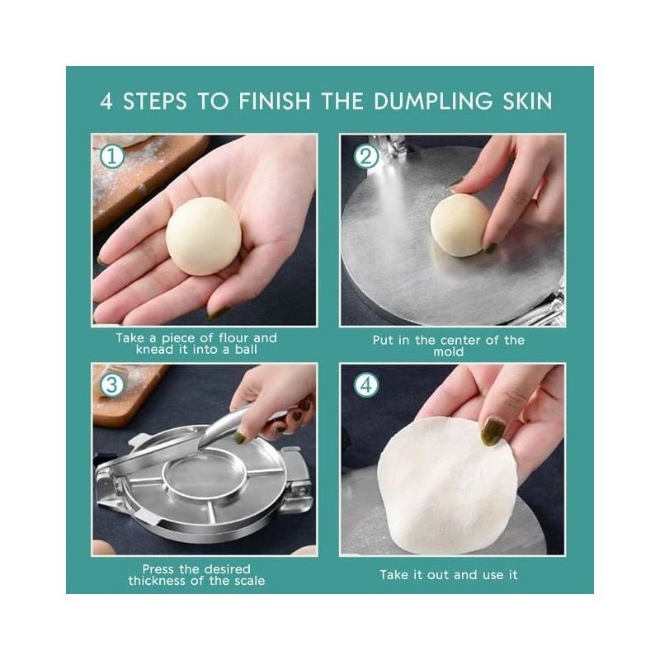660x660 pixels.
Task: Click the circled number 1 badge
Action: point(112,156)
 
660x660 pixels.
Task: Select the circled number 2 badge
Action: point(365,157)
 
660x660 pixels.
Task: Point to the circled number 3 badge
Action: point(111,385)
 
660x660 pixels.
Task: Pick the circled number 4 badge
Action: point(366,385)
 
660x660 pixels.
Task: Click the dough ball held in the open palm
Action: point(204,236)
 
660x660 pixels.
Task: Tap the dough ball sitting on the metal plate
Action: point(459,225)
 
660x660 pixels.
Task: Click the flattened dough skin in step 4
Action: point(447,484)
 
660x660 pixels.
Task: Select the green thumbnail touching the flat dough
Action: point(493,431)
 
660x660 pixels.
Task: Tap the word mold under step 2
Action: point(449,352)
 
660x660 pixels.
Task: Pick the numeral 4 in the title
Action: point(106,101)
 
